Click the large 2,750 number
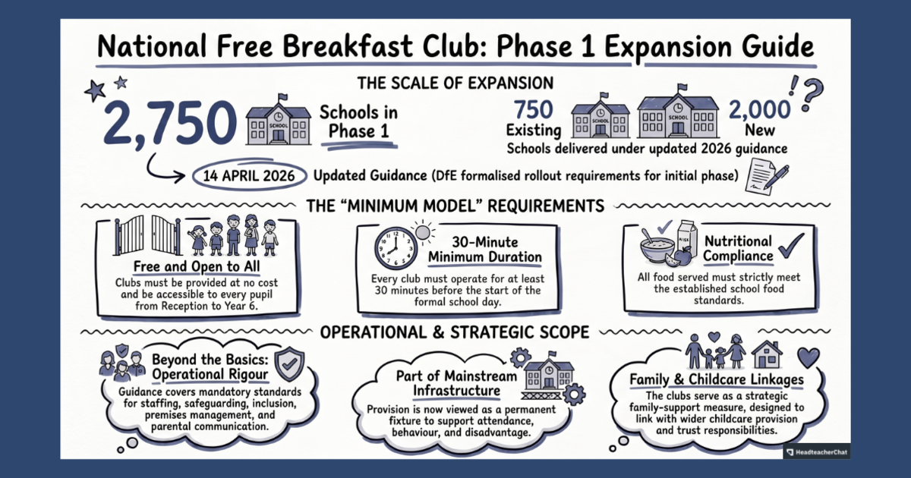tap(170, 122)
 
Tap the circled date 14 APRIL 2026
tap(249, 176)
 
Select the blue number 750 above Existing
tap(533, 110)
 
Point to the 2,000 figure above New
tap(759, 110)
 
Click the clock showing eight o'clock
tap(396, 248)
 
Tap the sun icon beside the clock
tap(423, 232)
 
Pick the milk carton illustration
tap(687, 241)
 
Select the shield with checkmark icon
tap(289, 365)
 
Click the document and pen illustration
tap(766, 176)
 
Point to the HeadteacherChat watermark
tap(816, 451)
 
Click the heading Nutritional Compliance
tap(738, 249)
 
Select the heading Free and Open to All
tap(197, 266)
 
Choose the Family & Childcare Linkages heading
tap(717, 379)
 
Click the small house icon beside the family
tap(766, 354)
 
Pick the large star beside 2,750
tap(95, 90)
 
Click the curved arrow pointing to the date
tap(162, 168)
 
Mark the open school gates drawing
tap(147, 235)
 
